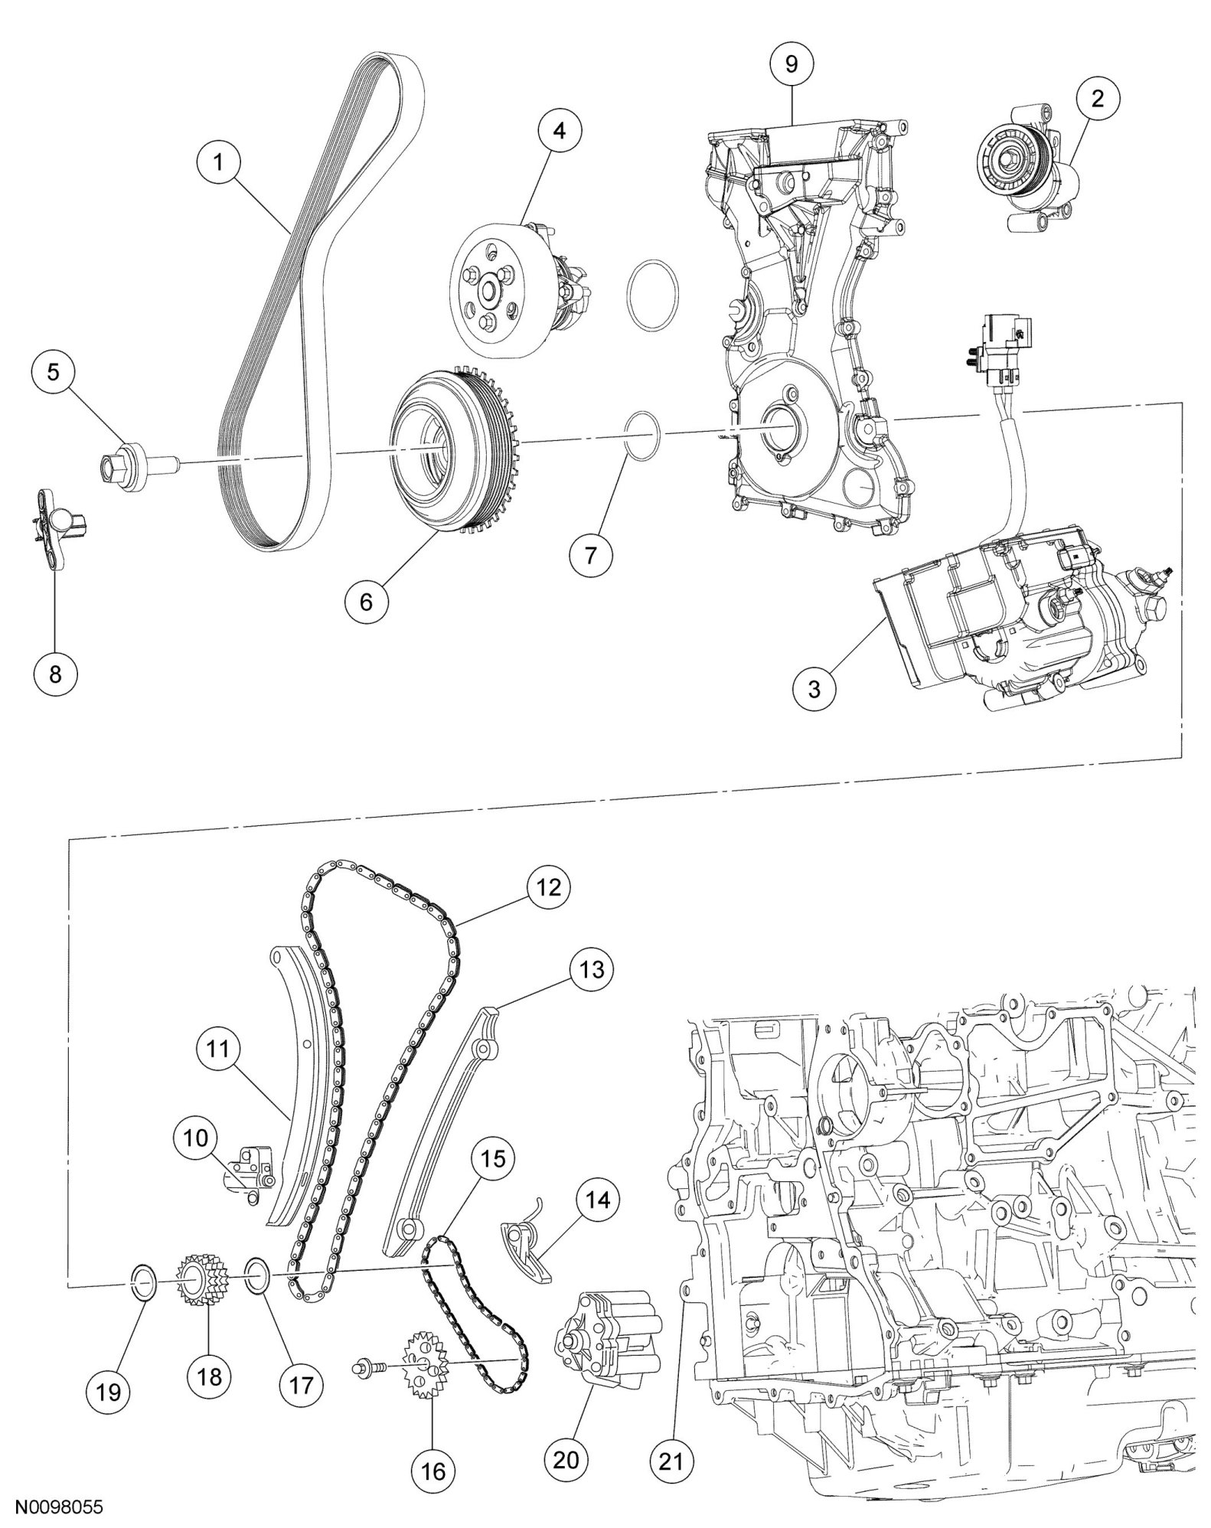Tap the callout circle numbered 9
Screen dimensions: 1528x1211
pyautogui.click(x=791, y=64)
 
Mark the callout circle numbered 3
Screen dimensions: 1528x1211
pyautogui.click(x=814, y=689)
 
